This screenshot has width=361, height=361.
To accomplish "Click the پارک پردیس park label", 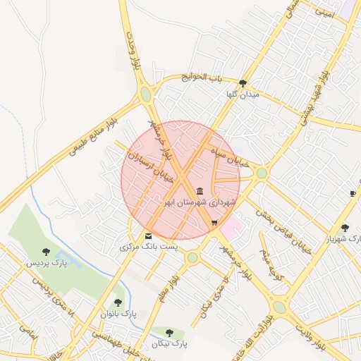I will coord(47,263).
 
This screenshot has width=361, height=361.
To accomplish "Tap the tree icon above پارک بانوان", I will coord(118,302).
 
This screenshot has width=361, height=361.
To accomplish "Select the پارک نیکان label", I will coord(169,343).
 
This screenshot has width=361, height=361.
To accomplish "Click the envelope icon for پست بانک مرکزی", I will coord(148,236).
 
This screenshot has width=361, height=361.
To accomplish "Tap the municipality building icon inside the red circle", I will coord(200,191).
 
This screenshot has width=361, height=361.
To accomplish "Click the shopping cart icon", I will coord(214,224).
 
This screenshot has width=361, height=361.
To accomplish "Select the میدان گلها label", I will coord(243,94).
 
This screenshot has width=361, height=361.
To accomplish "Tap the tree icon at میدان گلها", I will coord(243,82).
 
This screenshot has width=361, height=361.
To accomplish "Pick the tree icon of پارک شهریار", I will coord(344,228).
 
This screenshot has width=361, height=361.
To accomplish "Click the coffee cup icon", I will coord(353,193).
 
